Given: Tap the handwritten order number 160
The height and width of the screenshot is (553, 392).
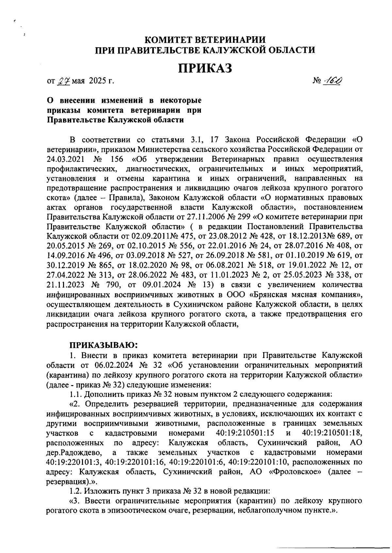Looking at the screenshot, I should pyautogui.click(x=332, y=80).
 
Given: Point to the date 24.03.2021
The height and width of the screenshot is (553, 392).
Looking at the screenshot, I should pyautogui.click(x=66, y=160).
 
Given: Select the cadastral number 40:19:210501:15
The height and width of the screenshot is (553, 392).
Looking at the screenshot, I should pyautogui.click(x=245, y=433).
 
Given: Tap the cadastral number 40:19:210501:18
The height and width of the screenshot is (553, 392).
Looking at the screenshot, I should pyautogui.click(x=332, y=433).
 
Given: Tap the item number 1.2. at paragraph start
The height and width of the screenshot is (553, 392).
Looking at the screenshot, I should pyautogui.click(x=76, y=491).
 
